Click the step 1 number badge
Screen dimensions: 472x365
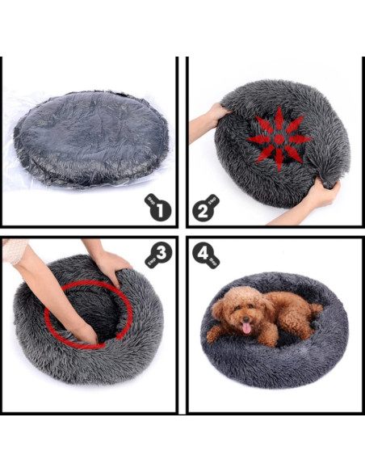point(159,211)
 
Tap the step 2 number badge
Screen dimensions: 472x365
point(205,212)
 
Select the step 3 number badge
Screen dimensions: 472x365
point(160,255)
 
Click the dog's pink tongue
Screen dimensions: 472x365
point(244,328)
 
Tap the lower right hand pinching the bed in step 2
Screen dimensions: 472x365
point(321,195)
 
